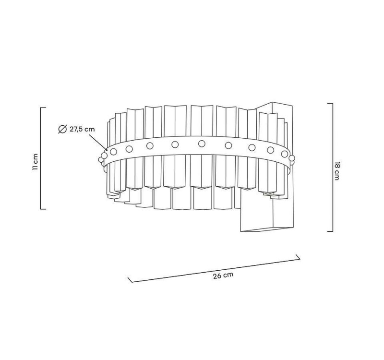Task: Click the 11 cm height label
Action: point(34,162)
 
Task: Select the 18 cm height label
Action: point(337,171)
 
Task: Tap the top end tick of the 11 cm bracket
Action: point(43,108)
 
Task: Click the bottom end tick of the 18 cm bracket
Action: point(330,231)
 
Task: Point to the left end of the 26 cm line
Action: point(129,279)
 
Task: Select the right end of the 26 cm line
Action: point(299,258)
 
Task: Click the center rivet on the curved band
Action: point(201,143)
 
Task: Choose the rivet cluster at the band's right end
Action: point(291,159)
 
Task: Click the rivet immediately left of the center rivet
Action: point(175,144)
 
